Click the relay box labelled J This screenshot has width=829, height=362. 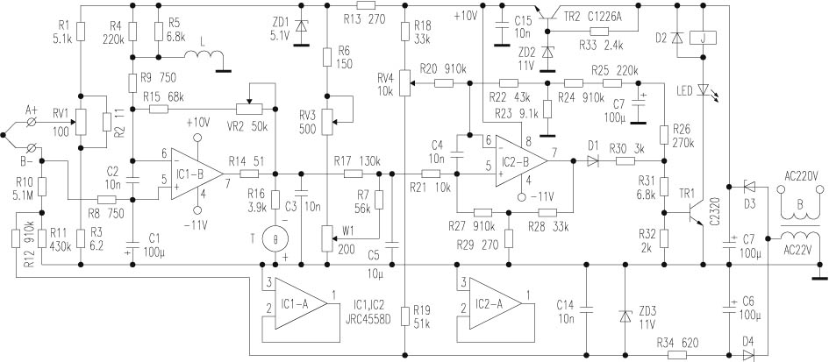704,38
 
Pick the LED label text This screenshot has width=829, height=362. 686,90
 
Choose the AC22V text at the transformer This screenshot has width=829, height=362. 799,249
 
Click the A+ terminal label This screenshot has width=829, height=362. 32,110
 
